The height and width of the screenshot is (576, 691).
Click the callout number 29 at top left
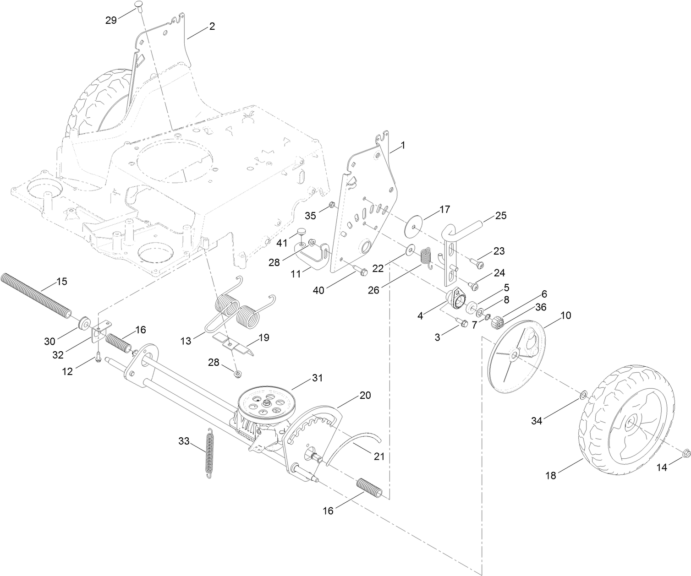111,21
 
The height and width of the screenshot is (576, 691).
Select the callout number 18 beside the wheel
550,476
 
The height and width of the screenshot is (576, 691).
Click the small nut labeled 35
333,204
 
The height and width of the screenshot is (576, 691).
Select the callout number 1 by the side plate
402,145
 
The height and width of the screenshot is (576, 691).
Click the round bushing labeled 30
84,323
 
